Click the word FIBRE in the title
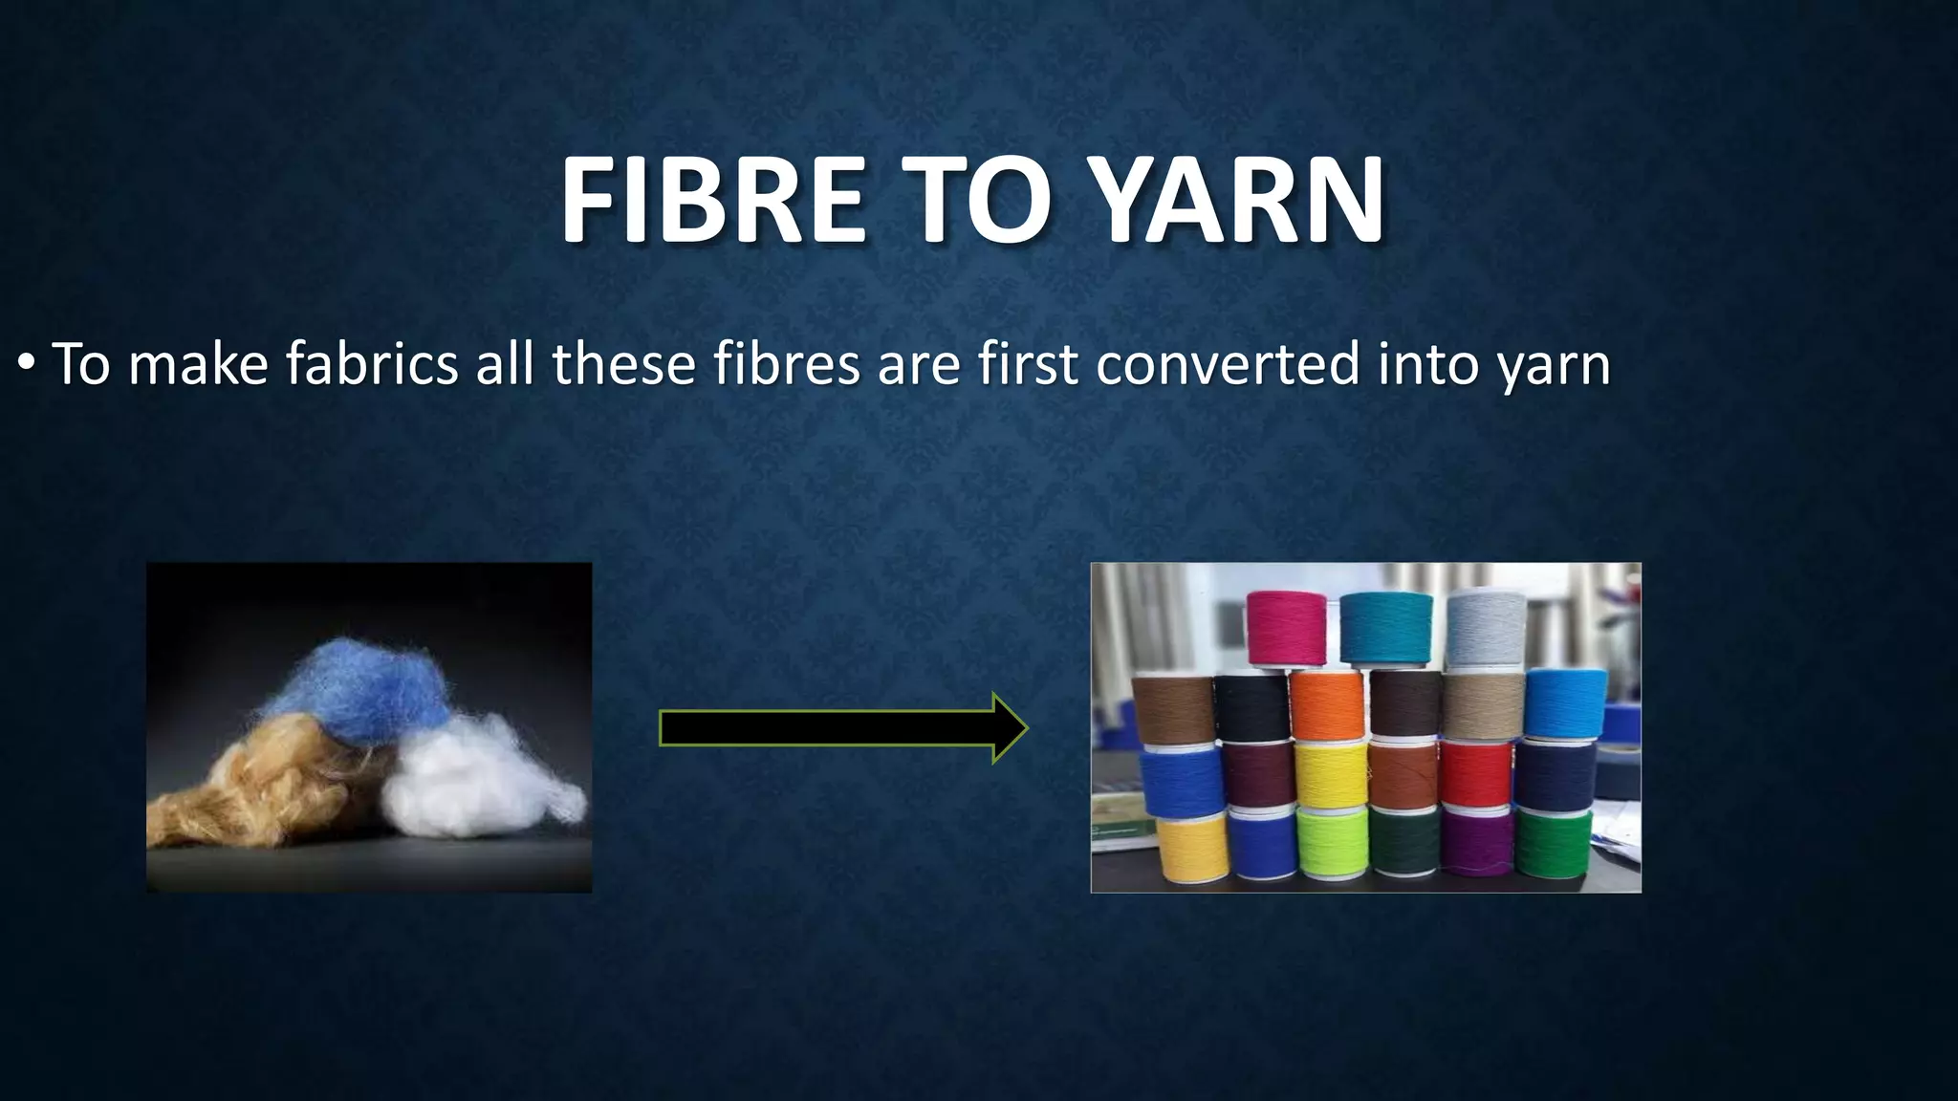coord(712,200)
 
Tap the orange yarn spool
coord(1326,705)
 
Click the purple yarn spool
coord(1477,842)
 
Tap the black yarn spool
coord(1251,707)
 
